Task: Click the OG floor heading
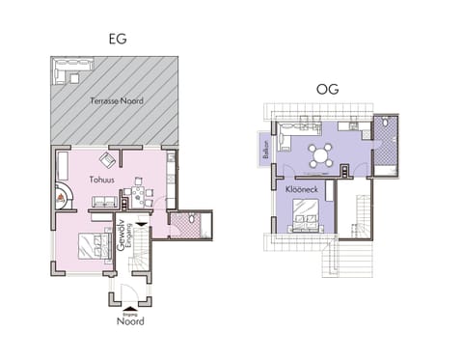tap(329, 90)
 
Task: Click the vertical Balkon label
tap(264, 152)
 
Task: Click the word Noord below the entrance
tap(130, 321)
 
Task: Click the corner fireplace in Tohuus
tap(63, 194)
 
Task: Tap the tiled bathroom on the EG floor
tap(181, 224)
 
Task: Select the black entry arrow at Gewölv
tap(144, 228)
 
